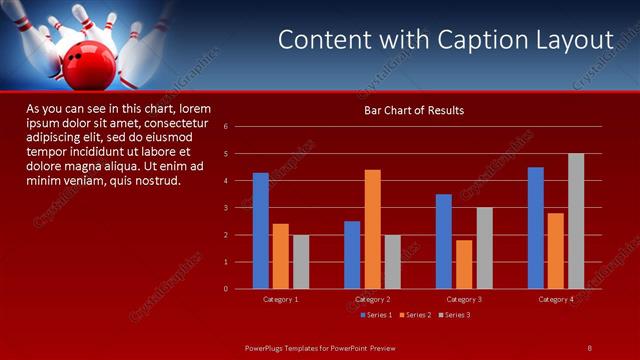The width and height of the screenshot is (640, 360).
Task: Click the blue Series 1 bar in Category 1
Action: coord(261,231)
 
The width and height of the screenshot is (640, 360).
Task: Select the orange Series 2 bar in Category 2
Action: coord(372,229)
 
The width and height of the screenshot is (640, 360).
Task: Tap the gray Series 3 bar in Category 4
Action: coord(576,221)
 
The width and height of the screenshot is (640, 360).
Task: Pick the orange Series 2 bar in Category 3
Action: coord(464,264)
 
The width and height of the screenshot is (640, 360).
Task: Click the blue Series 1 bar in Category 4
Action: coord(536,228)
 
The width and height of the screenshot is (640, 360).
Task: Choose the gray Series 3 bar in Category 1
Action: coord(301,262)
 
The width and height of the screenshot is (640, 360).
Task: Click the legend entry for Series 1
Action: coord(376,315)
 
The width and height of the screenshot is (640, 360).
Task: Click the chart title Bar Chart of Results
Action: coord(413,110)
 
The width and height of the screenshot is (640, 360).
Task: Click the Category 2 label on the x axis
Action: coord(372,299)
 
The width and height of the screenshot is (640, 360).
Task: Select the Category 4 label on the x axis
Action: coord(556,299)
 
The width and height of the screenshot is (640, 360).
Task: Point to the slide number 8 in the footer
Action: coord(589,347)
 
